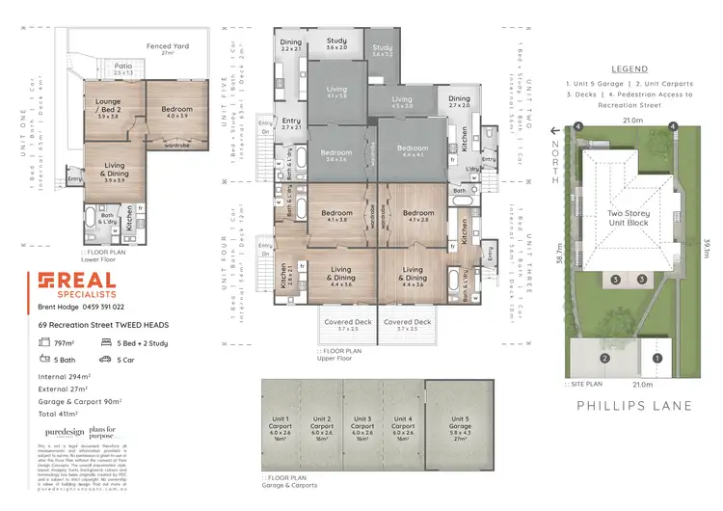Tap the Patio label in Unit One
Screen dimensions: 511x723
[x=124, y=68]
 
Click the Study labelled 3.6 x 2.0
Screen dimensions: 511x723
[x=336, y=43]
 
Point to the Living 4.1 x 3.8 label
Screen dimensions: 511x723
[x=336, y=94]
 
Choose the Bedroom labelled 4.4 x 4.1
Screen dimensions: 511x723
[x=412, y=150]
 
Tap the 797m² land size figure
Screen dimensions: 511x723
[x=65, y=342]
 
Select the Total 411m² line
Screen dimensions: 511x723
[x=61, y=413]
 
